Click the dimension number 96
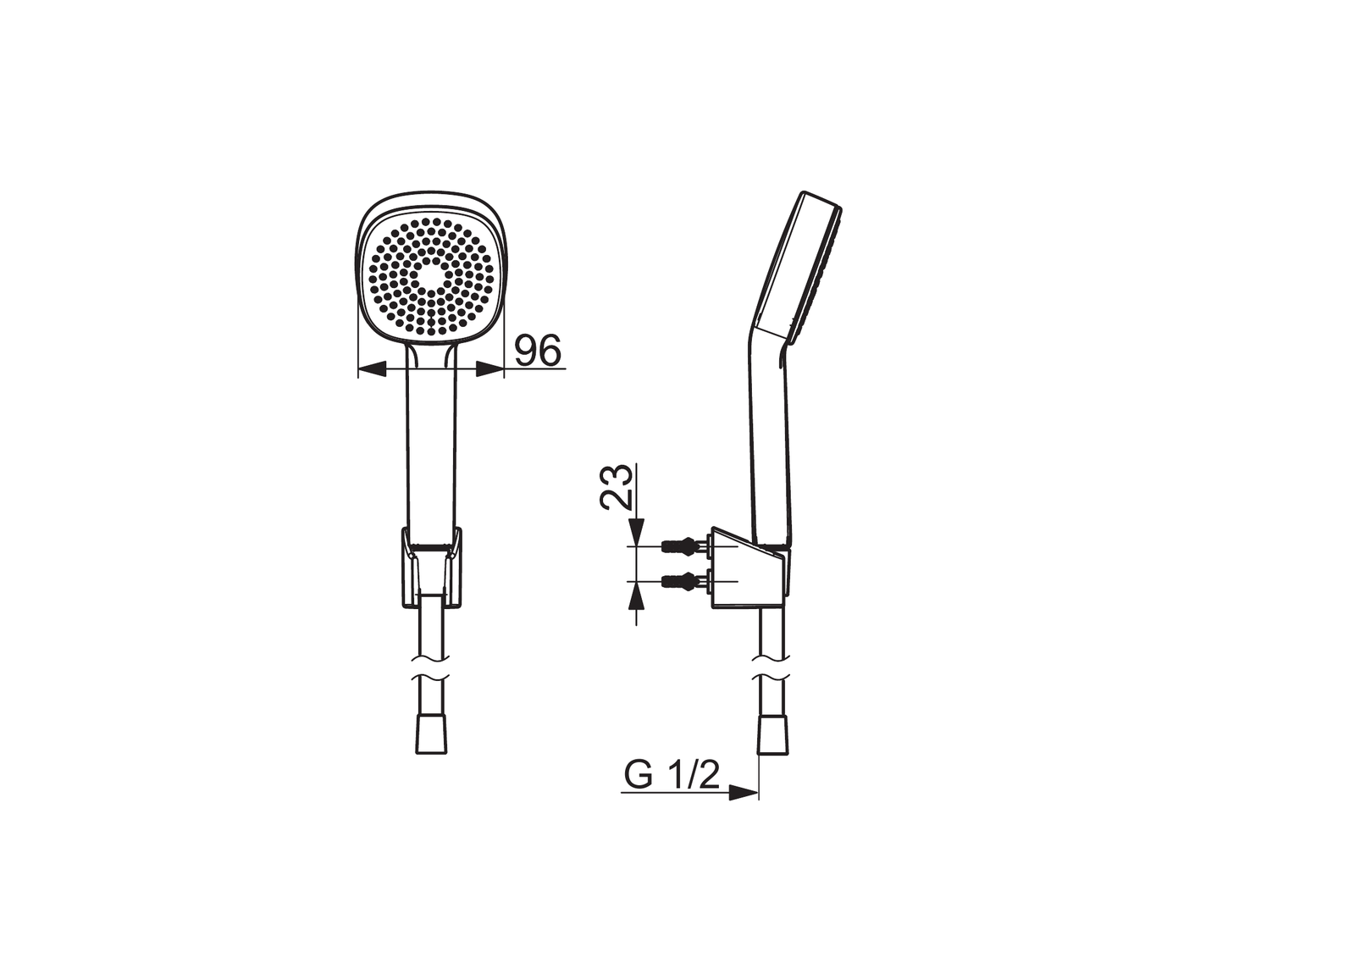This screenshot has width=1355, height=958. point(538,350)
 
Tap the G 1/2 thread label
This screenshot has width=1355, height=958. point(672,775)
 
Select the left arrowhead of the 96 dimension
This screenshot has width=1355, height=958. point(372,368)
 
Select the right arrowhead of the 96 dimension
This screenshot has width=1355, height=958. point(489,368)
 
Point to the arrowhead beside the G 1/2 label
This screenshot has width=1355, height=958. point(744,792)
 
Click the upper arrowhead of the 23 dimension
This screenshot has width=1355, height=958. point(636,533)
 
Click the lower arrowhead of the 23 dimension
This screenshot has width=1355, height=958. point(636,595)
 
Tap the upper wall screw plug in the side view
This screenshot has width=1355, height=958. point(686,546)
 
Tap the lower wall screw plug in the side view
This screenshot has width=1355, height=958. point(686,582)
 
